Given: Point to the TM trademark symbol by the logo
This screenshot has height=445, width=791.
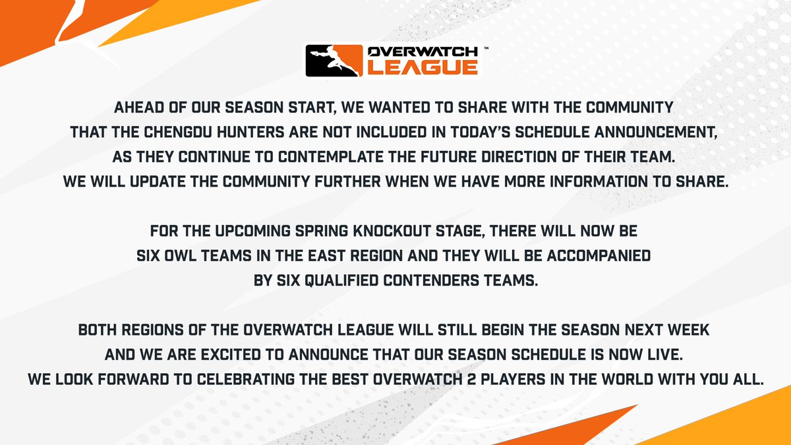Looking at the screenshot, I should (486, 48).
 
